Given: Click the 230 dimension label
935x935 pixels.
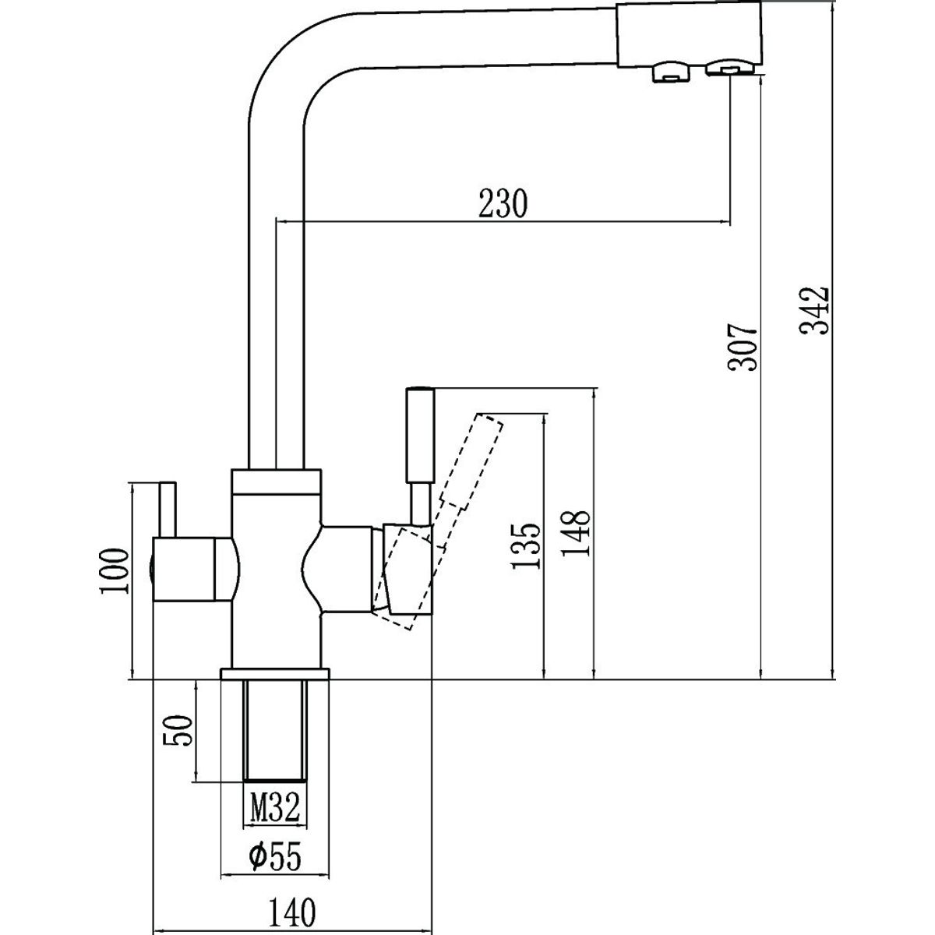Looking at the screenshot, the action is [502, 204].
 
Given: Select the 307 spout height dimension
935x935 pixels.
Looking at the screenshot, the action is [742, 347].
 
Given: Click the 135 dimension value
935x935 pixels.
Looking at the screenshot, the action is [525, 545].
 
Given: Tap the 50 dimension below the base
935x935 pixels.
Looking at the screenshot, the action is [178, 731].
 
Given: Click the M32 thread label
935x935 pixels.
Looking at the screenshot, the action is [275, 807].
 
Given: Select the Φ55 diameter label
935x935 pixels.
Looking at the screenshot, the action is [275, 855].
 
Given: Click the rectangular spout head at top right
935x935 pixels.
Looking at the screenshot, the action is [690, 35].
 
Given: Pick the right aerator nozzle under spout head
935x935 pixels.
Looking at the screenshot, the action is [730, 68].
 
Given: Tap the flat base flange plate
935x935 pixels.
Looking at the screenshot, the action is [275, 673].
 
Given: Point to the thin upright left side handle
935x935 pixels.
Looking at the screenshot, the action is [168, 510].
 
